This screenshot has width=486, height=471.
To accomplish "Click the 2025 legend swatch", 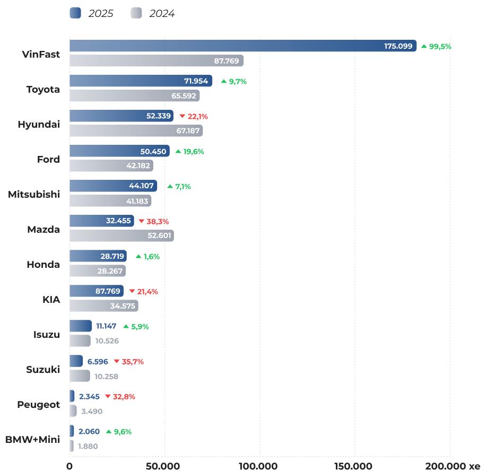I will click(75, 13).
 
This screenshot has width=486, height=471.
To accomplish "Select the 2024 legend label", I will click(162, 14).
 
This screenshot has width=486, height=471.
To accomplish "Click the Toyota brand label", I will click(43, 89).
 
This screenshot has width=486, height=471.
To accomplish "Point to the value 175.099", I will click(398, 46).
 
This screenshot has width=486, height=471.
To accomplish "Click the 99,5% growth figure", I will click(440, 46).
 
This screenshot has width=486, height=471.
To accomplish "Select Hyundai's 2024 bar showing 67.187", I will click(136, 130).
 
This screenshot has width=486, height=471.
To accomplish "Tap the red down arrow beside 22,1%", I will click(182, 116).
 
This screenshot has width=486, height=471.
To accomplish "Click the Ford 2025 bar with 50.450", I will click(119, 151).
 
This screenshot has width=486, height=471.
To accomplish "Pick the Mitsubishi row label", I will click(34, 194).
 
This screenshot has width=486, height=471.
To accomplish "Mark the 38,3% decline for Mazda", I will click(157, 221).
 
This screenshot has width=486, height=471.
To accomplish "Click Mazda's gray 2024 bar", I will click(121, 235).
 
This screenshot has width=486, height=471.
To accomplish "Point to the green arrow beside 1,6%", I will click(138, 256).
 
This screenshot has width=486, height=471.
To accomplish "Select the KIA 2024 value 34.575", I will click(123, 306).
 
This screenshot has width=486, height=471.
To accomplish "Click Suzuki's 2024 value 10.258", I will click(106, 376).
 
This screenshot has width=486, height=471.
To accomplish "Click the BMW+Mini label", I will click(32, 439).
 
